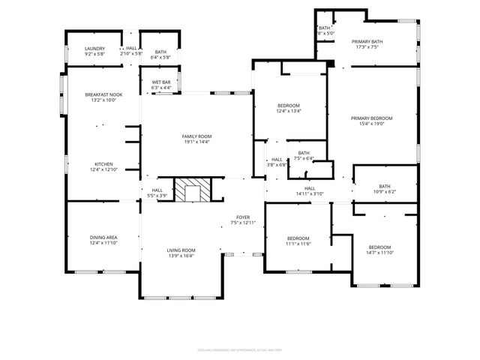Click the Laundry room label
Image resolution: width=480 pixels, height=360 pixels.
(94, 48)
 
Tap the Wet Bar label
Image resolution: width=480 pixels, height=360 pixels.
(160, 82)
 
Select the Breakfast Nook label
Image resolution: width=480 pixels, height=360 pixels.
(103, 94)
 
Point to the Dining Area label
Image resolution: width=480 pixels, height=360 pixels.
(103, 237)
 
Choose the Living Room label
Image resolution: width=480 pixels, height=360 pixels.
(181, 250)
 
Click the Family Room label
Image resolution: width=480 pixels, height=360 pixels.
(196, 136)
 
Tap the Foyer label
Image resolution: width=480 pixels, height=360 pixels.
(243, 217)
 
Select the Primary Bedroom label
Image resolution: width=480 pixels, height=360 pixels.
(370, 118)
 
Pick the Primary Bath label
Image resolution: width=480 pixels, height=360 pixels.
(367, 41)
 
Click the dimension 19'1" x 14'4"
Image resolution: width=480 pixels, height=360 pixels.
(196, 142)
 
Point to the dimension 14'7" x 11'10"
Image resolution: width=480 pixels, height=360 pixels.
(379, 253)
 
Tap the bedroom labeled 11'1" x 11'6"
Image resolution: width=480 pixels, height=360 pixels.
(298, 240)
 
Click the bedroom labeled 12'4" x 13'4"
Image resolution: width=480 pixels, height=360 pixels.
(289, 108)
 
